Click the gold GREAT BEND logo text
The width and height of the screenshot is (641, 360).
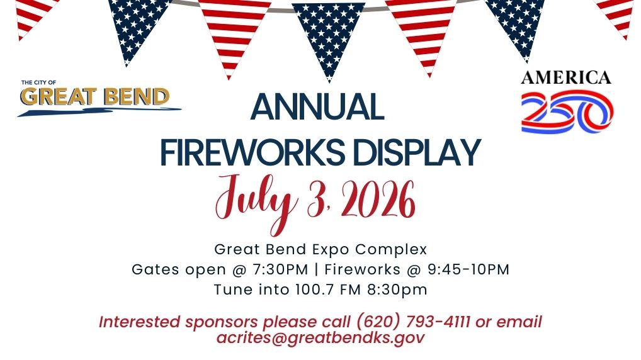pos(95,96)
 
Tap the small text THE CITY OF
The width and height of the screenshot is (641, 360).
pos(38,82)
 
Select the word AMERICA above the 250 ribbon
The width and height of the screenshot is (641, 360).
pos(565,77)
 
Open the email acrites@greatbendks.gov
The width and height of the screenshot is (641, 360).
pos(320,337)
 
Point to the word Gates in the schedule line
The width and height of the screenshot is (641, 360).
pos(154,269)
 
